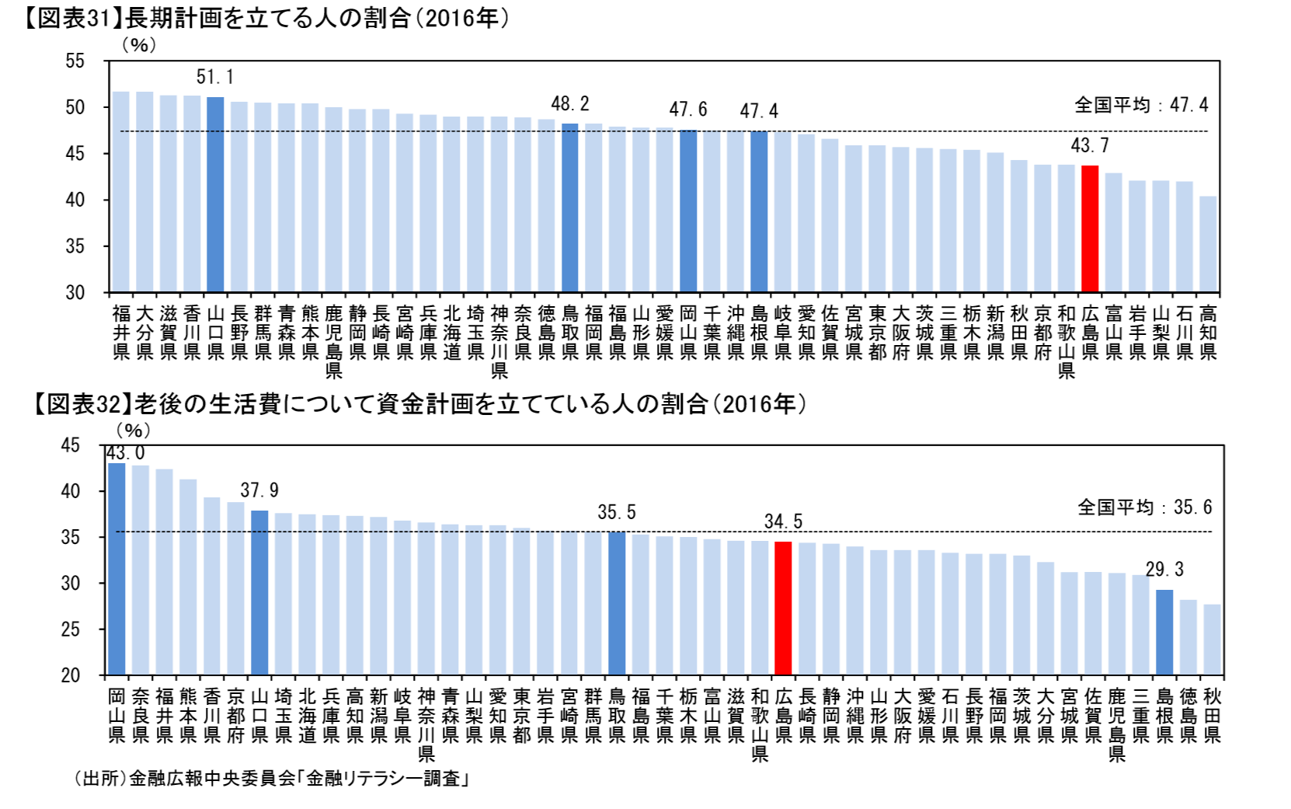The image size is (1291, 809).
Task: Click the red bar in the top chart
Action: point(1090,228)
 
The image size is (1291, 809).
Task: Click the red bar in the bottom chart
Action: point(783,607)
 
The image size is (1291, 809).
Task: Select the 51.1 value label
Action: point(215,77)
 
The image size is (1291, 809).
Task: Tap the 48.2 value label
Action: point(570,103)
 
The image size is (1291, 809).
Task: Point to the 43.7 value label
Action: point(1090,145)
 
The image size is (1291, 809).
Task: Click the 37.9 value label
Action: point(259,490)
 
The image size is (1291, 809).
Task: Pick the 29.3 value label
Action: point(1164,570)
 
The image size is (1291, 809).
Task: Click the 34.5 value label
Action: point(783,521)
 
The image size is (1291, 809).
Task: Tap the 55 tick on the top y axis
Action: point(75,61)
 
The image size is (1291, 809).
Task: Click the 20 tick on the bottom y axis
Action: point(71,675)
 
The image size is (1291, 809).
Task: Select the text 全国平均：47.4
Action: point(1141,104)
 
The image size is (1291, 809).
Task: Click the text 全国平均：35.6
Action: point(1144,507)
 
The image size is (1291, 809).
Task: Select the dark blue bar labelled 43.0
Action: point(117,568)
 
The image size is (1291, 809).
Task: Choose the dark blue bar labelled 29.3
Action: point(1164,632)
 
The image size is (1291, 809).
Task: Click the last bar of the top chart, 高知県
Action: point(1208,244)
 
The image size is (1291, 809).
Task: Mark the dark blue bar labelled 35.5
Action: point(617,602)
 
